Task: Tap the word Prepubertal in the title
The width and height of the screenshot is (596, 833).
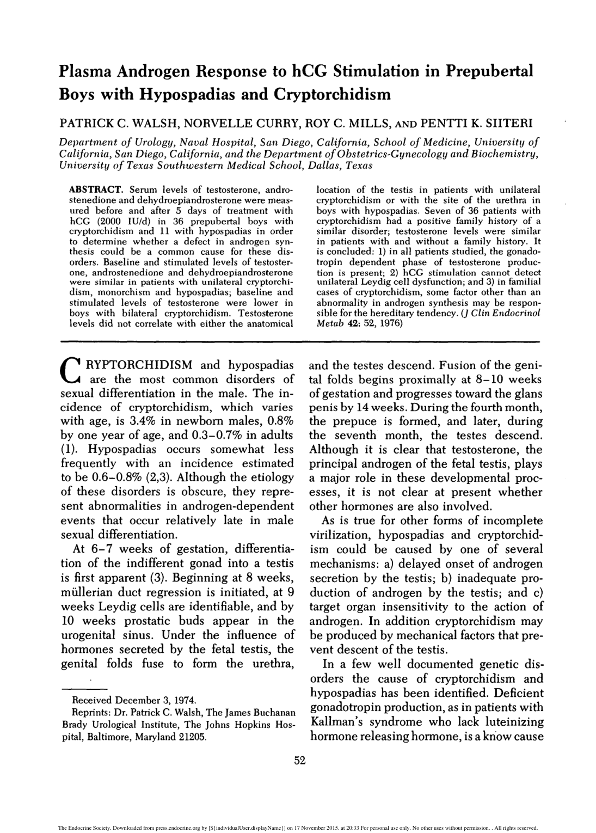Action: click(487, 71)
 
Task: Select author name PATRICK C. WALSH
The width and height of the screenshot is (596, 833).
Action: click(126, 122)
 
